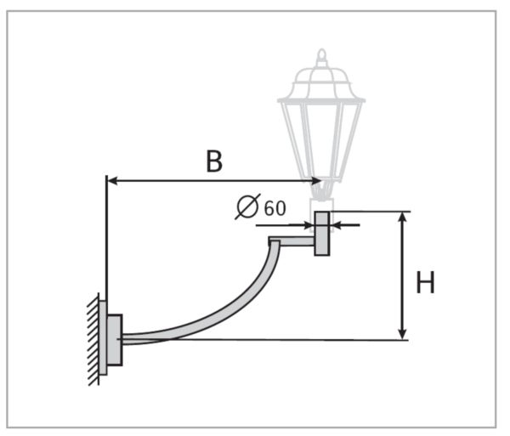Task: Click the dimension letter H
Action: point(425,283)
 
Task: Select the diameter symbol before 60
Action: point(247,207)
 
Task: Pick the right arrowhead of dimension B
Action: point(316,180)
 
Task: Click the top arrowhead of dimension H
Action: point(404,218)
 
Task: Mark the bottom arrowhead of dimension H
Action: point(404,333)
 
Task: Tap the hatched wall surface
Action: point(93,340)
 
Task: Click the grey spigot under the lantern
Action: point(321,234)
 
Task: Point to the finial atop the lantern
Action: point(321,58)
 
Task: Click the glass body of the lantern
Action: point(321,136)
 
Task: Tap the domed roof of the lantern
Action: point(321,85)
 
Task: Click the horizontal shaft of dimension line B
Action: point(212,180)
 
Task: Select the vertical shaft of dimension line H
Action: point(404,276)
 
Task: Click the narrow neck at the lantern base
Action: point(321,194)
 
